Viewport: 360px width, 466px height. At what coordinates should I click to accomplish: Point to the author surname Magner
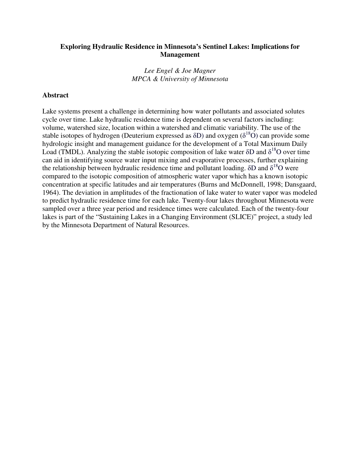pyautogui.click(x=204, y=71)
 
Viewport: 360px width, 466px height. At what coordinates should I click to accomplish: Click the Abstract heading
pyautogui.click(x=55, y=95)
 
